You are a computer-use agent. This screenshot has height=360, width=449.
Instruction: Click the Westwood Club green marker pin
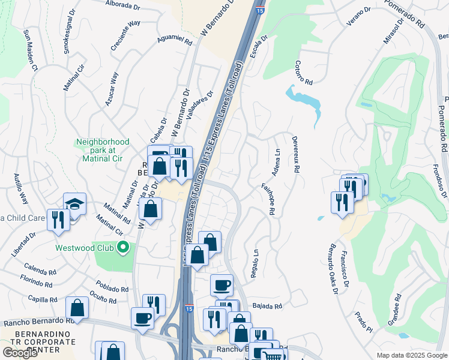[x=123, y=247]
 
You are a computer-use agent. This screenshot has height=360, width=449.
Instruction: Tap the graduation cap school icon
[x=74, y=203]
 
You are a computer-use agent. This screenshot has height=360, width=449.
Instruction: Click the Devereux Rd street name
[x=295, y=154]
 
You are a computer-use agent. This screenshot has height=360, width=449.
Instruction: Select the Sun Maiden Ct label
[x=30, y=50]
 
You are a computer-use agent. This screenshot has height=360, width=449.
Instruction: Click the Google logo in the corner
[x=20, y=352]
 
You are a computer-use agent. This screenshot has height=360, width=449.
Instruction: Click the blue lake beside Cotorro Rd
[x=305, y=101]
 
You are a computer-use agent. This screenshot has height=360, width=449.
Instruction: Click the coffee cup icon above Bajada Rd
[x=221, y=284]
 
